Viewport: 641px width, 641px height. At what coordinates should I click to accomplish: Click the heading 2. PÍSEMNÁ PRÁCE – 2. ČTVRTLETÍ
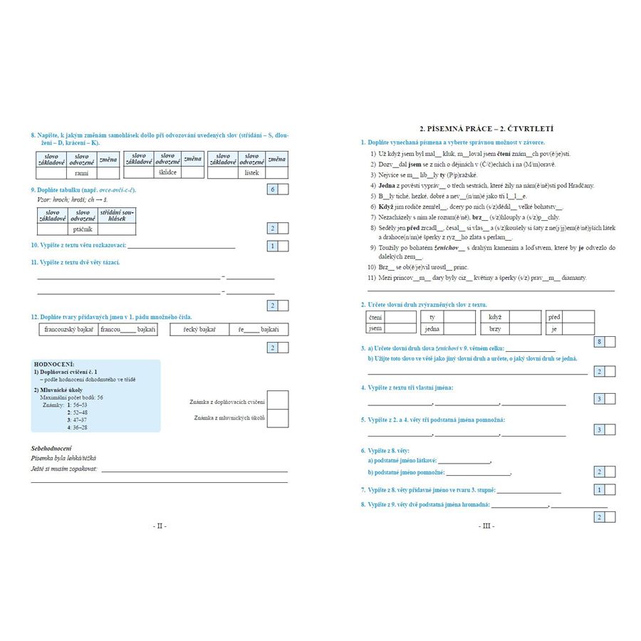(x=486, y=128)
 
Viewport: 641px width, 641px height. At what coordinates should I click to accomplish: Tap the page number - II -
(x=160, y=526)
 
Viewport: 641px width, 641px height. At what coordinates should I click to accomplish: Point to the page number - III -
(x=487, y=526)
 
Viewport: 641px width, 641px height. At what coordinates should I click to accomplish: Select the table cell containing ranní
(x=80, y=172)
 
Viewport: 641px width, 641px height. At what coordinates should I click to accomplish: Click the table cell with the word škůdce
(x=168, y=172)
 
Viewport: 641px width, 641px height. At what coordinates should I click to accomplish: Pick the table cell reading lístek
(x=251, y=172)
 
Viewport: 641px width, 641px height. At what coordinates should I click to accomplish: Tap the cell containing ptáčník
(x=83, y=229)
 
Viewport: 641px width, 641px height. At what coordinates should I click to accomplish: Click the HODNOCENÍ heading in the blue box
(x=54, y=364)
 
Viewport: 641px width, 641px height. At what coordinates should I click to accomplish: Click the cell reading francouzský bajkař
(x=68, y=330)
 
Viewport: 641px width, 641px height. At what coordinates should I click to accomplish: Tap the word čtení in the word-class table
(x=376, y=317)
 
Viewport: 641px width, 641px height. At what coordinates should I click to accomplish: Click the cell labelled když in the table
(x=496, y=317)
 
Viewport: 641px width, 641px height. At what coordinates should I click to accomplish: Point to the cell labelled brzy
(x=496, y=329)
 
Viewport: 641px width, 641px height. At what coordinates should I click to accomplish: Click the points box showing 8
(x=600, y=343)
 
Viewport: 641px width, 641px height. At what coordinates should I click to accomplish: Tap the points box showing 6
(x=272, y=189)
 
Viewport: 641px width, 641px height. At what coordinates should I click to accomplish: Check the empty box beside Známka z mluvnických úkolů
(x=278, y=418)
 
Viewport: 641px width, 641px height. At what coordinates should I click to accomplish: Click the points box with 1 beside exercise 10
(x=272, y=246)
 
